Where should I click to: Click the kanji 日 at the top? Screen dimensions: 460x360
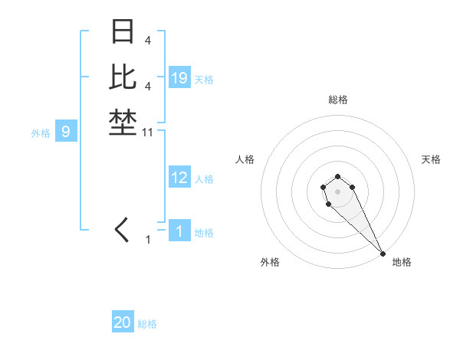(x=123, y=33)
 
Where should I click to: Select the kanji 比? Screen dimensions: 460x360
(x=123, y=77)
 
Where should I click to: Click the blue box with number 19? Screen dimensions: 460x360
(x=179, y=77)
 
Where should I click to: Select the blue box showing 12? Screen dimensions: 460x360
(x=179, y=178)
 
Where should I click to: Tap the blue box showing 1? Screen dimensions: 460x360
(x=179, y=231)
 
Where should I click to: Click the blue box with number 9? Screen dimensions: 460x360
(x=66, y=132)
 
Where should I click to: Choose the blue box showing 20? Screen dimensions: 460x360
(x=123, y=322)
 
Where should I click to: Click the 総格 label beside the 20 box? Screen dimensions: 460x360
(x=147, y=324)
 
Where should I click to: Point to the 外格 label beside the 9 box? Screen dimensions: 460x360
(x=41, y=133)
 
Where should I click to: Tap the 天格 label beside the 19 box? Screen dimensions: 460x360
(x=204, y=79)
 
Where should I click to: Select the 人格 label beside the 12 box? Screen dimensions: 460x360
(x=204, y=179)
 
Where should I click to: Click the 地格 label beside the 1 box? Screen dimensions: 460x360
(x=204, y=233)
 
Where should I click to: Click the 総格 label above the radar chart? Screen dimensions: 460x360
(x=337, y=100)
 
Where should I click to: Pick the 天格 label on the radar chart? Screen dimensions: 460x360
(x=431, y=159)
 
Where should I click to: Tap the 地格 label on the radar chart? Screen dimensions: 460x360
(x=402, y=262)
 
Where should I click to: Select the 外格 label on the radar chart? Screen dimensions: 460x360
(x=270, y=262)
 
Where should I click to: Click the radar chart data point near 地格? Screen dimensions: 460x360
(x=383, y=253)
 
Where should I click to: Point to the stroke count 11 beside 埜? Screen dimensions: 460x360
(x=149, y=133)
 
